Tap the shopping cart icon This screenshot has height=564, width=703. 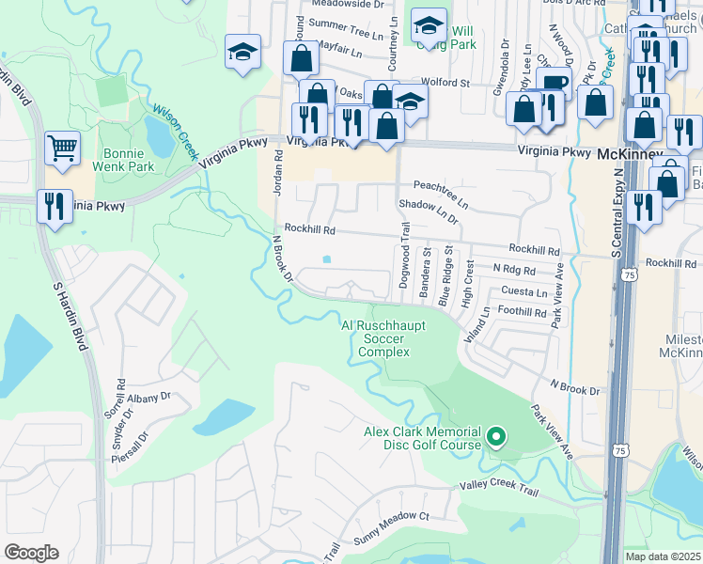pyautogui.click(x=62, y=148)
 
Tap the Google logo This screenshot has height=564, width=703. pyautogui.click(x=32, y=552)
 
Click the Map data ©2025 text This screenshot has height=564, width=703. pyautogui.click(x=664, y=556)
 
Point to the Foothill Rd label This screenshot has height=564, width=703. pyautogui.click(x=523, y=312)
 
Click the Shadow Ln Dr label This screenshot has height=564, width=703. pyautogui.click(x=429, y=210)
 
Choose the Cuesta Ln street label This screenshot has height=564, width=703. pyautogui.click(x=524, y=291)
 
